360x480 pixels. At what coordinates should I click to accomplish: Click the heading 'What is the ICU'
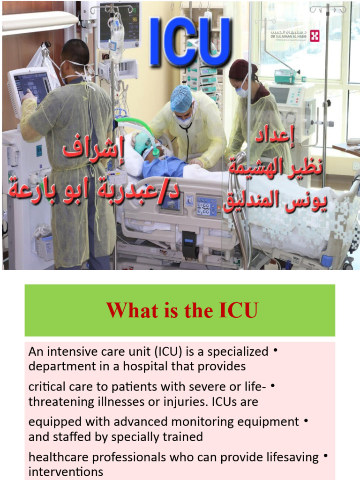coord(182,310)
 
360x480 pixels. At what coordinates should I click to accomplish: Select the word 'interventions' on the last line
coord(66,472)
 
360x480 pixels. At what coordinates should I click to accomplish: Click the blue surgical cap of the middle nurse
coord(181,98)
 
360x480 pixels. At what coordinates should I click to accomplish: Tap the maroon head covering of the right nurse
coord(242,69)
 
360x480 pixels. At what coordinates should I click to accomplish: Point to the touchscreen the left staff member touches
coord(30,87)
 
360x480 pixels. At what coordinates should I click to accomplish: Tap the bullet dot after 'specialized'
coord(275,350)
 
